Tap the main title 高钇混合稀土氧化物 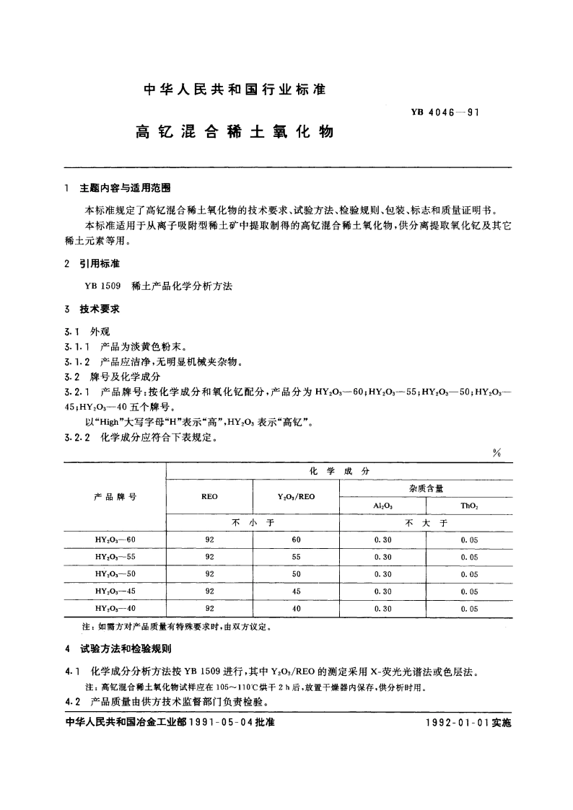[x=235, y=133]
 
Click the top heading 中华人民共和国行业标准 [x=235, y=90]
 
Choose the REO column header [x=210, y=497]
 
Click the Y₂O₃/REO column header [x=296, y=497]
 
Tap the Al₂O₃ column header [x=382, y=506]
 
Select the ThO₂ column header [x=469, y=506]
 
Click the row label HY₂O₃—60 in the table [x=115, y=540]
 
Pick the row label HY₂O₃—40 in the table [x=115, y=608]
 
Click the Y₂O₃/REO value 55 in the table [x=296, y=557]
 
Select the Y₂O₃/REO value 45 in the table [x=296, y=591]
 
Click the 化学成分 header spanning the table [x=339, y=470]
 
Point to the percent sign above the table [x=497, y=453]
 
